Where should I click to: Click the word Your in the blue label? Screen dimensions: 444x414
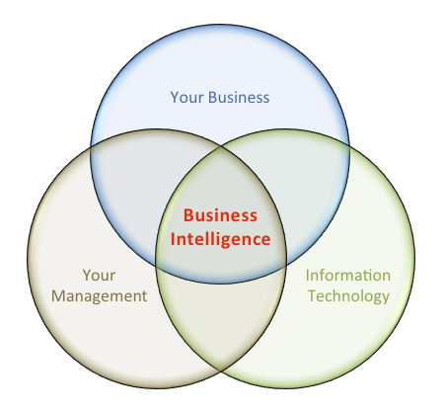(186, 98)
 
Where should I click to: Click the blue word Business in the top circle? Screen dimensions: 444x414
(239, 98)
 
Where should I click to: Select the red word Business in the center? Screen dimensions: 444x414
(220, 215)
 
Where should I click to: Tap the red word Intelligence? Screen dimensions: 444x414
(220, 239)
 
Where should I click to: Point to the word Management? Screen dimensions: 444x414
(99, 296)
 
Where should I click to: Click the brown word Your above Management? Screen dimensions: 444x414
(99, 276)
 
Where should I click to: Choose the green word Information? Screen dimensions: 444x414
(348, 276)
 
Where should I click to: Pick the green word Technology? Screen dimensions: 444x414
(348, 296)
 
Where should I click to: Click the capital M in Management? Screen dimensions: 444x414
(58, 295)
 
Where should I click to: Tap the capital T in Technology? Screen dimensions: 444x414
(312, 295)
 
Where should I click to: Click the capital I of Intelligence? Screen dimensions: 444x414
(173, 238)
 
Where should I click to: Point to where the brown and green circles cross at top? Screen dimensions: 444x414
(220, 148)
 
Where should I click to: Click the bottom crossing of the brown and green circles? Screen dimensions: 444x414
(220, 372)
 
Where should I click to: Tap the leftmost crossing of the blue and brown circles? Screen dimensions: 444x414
(91, 146)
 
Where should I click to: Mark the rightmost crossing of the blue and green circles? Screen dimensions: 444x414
(349, 146)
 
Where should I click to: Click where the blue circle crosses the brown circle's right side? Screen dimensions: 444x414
(285, 265)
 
